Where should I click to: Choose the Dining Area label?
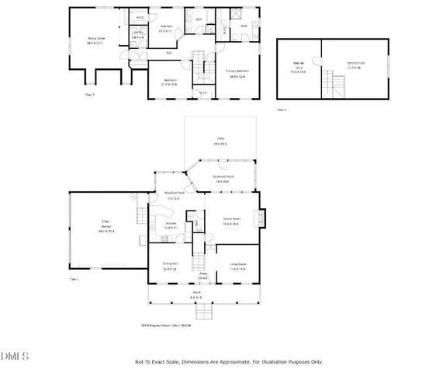click(x=171, y=265)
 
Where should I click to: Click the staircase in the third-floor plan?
click(x=337, y=80)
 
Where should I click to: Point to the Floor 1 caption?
click(x=74, y=278)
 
